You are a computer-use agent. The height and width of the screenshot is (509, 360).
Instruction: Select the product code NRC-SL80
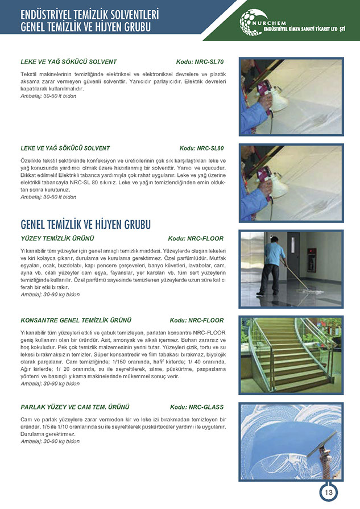201,148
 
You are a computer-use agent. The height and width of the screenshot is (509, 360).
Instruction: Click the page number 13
328,493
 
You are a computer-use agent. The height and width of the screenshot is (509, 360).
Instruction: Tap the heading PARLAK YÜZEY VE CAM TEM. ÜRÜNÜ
75,407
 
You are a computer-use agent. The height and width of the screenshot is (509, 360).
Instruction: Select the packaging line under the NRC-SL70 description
48,96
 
